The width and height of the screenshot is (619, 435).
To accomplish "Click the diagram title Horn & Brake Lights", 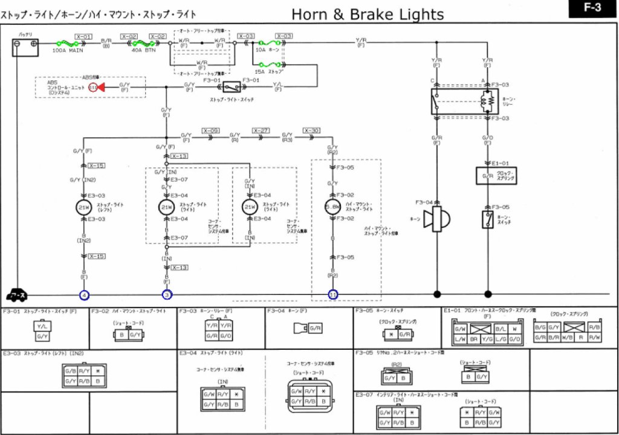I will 367,14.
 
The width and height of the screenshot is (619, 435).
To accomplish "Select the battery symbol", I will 25,47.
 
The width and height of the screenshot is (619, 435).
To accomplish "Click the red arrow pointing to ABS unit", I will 100,88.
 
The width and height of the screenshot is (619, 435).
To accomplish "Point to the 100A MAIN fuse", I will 66,44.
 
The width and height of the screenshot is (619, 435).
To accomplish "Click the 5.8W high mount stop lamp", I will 332,207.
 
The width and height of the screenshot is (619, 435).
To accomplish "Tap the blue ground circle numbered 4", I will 85,295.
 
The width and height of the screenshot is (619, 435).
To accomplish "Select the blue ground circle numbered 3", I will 167,295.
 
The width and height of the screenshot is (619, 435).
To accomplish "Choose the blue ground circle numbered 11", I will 333,295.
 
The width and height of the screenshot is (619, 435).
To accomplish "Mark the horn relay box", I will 464,101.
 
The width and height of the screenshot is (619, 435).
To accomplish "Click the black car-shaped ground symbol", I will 16,295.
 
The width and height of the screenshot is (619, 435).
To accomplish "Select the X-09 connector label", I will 211,130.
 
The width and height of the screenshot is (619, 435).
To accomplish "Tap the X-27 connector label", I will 261,130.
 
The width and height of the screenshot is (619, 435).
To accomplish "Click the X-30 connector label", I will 311,130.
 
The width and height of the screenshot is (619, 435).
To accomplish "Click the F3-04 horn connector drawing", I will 308,328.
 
